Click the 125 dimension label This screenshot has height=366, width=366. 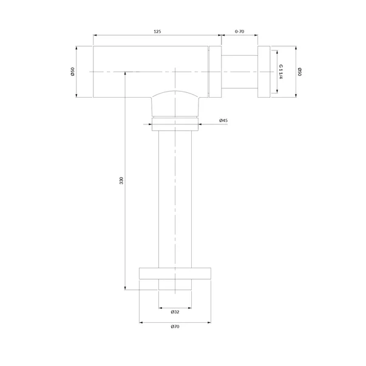[157, 32]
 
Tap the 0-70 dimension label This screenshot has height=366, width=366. [240, 32]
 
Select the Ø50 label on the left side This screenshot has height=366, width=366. [72, 72]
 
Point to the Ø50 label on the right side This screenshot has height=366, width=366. [300, 72]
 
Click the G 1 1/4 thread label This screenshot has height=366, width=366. [280, 72]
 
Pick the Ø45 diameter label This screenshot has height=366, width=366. [223, 120]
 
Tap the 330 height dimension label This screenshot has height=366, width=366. [121, 180]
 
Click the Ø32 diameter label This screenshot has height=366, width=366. [175, 312]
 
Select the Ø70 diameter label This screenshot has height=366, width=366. [175, 327]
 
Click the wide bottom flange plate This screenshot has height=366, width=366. [175, 273]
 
